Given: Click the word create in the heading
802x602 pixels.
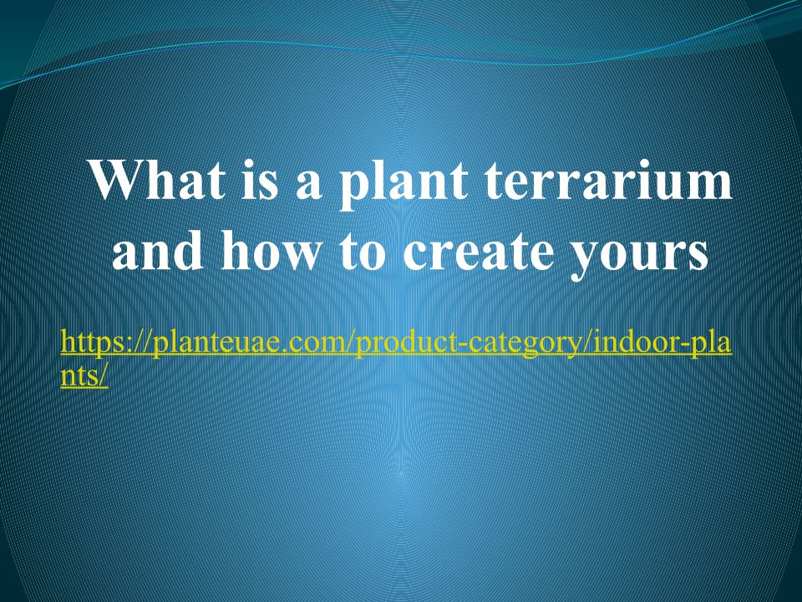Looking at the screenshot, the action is click(x=479, y=253).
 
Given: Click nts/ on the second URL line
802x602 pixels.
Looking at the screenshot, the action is click(x=84, y=376).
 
